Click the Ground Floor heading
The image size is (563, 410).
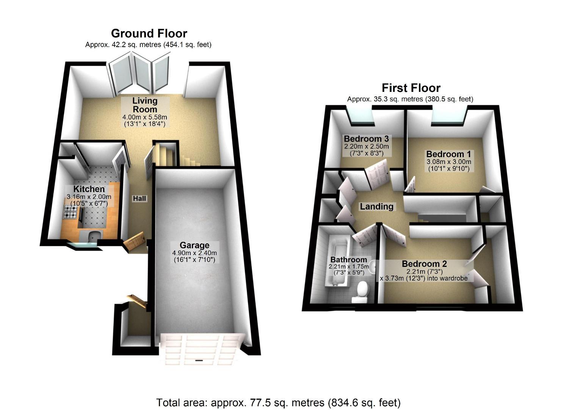(149, 33)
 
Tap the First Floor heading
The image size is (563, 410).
(411, 88)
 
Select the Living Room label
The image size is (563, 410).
(144, 105)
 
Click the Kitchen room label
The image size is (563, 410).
(89, 189)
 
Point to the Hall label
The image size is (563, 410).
(139, 199)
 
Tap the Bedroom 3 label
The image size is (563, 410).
(366, 139)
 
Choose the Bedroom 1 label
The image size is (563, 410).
(449, 154)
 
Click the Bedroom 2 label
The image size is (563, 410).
(424, 264)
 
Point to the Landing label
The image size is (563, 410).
(376, 207)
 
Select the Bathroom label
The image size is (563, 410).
(348, 260)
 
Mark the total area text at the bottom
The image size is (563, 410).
(278, 402)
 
